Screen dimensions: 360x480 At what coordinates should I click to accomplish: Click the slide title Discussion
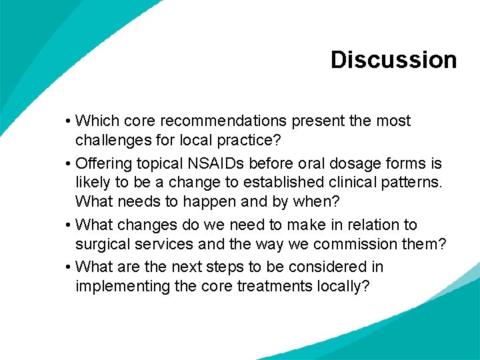393,60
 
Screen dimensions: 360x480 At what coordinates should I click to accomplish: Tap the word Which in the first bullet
96,121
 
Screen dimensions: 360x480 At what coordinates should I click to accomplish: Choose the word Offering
103,163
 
